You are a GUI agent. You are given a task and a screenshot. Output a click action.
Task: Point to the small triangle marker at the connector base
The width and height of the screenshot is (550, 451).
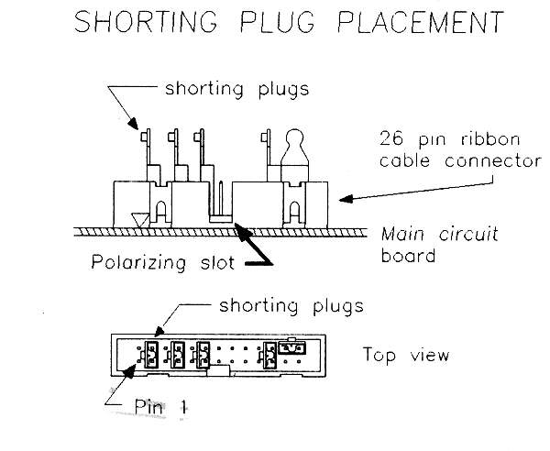pyautogui.click(x=138, y=219)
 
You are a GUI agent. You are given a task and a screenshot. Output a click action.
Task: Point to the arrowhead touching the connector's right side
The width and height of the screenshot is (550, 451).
pyautogui.click(x=344, y=197)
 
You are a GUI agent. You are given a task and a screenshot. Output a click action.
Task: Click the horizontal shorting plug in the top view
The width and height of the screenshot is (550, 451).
pyautogui.click(x=292, y=346)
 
